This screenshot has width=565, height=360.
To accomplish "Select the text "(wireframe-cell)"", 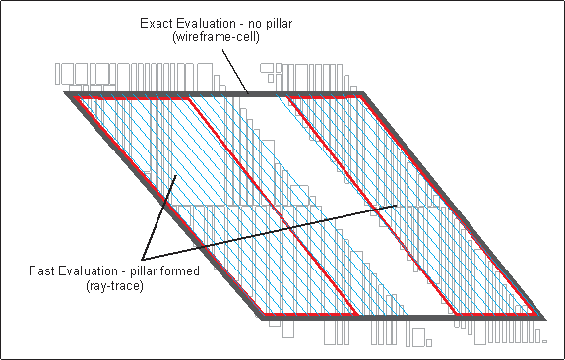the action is coord(216,37).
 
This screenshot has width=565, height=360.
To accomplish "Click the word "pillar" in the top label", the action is coord(280,24).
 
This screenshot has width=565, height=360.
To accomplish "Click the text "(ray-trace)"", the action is coord(114,286).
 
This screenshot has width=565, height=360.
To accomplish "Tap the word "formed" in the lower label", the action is coord(178,270).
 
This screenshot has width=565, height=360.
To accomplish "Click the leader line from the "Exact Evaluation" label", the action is coord(235,71).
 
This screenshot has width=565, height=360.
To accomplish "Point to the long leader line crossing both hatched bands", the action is coord(270,232).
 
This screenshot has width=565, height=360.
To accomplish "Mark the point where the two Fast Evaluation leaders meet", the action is coord(143,259).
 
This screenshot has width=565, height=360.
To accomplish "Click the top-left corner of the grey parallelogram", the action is coord(65,92).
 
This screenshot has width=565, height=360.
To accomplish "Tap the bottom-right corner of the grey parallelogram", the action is coord(545,319).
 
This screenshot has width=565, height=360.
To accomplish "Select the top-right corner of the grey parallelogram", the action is coord(363,92).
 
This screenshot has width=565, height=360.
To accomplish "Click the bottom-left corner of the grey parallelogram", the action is coord(262,319).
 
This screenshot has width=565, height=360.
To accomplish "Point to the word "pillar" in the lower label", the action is coord(143,271).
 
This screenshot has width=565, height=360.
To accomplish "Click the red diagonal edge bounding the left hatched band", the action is coord(273,206).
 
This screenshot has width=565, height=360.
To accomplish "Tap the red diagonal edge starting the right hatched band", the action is coord(371,206).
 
